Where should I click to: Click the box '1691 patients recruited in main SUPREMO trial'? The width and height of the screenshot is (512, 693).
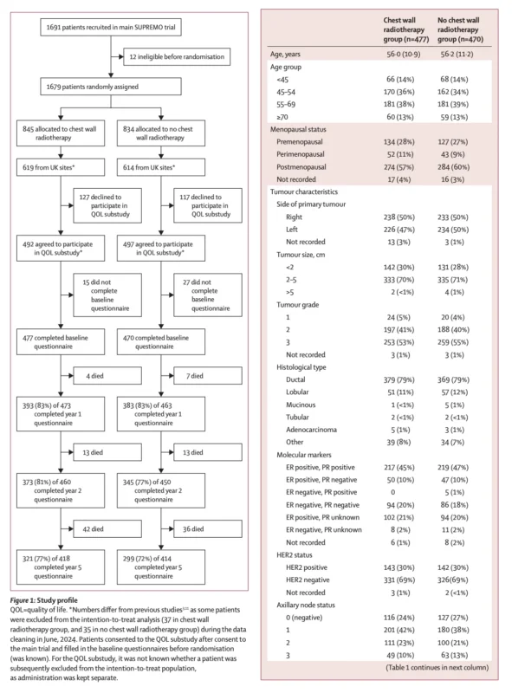tap(111, 27)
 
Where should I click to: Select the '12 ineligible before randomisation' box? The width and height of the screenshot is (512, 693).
tap(177, 56)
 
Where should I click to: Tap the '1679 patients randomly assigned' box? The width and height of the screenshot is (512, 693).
tap(111, 87)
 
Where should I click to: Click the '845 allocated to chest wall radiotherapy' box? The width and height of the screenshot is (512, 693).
tap(61, 133)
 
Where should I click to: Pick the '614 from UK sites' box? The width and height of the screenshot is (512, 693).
tap(161, 167)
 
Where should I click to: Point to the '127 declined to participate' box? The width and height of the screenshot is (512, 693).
tap(107, 205)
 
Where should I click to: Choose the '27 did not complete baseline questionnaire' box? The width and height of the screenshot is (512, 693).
tap(208, 295)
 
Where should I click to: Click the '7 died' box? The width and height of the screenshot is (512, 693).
tap(208, 376)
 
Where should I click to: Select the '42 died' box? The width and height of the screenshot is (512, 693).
tap(107, 529)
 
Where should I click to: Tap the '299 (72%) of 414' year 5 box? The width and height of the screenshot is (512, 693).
tap(161, 567)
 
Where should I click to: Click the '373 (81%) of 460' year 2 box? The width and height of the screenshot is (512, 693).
tap(61, 490)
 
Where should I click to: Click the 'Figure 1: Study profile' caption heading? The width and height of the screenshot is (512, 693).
tap(44, 600)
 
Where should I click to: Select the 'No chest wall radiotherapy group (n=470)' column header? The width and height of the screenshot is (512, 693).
tap(460, 29)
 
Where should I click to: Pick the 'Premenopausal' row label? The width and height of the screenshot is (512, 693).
tap(300, 142)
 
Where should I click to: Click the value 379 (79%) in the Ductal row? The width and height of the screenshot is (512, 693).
tap(399, 379)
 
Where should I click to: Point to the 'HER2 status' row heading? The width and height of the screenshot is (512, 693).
tap(294, 555)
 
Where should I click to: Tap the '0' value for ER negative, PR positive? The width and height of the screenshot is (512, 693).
tap(392, 492)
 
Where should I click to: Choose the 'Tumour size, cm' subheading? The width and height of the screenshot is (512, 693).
tap(301, 255)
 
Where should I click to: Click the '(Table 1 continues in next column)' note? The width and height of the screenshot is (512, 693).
tap(437, 667)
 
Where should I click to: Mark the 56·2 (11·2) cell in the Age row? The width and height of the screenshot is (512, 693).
tap(457, 55)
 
